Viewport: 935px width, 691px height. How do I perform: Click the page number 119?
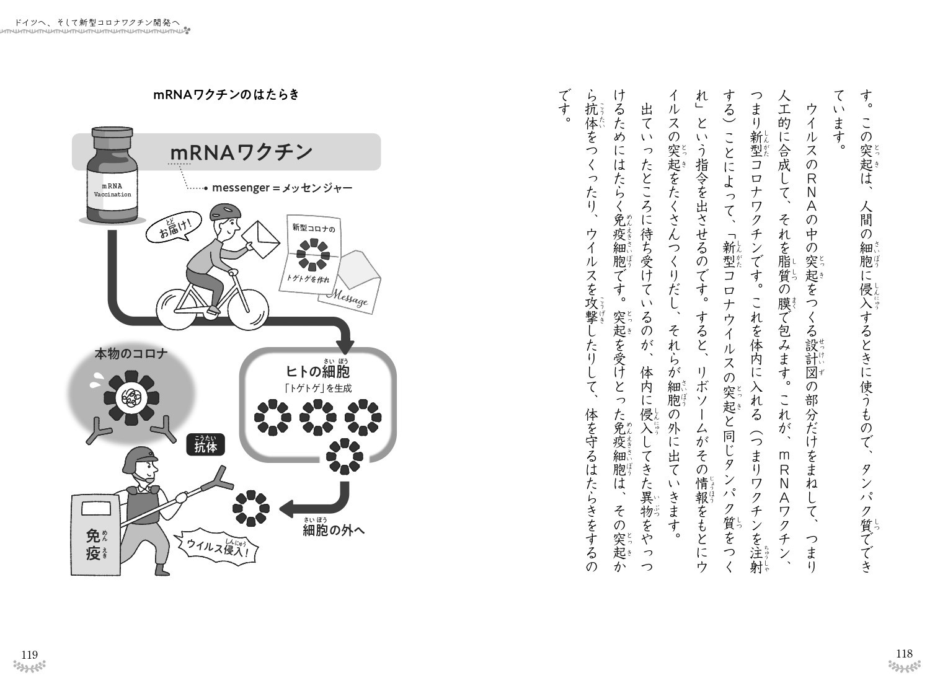tap(30, 654)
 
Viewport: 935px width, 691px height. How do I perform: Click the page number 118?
tap(904, 653)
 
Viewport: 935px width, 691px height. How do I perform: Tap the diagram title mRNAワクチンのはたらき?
tap(226, 94)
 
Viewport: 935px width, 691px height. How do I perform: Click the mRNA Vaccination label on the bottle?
tap(112, 190)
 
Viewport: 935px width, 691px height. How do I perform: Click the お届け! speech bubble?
tap(173, 227)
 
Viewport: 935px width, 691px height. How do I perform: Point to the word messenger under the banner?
tap(241, 188)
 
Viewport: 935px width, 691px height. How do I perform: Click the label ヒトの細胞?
tap(317, 371)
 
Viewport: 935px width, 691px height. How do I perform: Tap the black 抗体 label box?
tap(205, 444)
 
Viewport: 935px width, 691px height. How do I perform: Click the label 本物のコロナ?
tap(131, 354)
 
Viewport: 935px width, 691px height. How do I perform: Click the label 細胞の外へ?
tap(334, 530)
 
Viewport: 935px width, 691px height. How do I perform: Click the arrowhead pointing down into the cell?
tap(346, 346)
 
